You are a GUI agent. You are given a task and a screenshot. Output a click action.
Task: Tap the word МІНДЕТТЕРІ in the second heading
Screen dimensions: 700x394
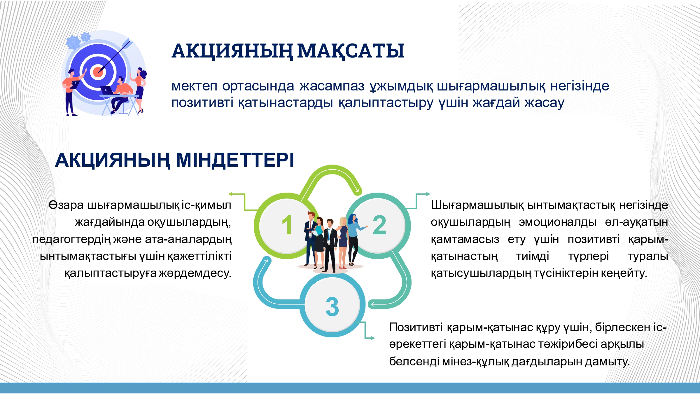pos(235,160)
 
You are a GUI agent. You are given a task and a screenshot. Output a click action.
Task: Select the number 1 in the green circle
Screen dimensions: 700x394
pos(287,225)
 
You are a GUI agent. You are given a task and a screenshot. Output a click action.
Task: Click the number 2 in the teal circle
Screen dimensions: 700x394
pos(379,225)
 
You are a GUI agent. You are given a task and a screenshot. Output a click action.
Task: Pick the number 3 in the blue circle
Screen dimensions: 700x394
pos(332,307)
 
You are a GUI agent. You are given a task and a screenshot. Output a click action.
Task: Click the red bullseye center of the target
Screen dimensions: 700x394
pos(98,72)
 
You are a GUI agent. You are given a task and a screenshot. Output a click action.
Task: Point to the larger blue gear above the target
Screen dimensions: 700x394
pos(73,43)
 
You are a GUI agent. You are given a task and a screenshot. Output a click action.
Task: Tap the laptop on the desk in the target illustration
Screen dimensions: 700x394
pos(107,90)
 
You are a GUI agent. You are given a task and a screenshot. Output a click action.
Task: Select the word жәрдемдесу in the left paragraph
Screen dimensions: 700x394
pos(195,273)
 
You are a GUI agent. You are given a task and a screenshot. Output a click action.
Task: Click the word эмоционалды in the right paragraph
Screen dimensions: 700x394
pos(557,222)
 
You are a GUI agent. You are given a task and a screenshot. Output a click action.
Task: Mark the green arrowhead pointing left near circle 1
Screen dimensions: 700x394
pos(230,194)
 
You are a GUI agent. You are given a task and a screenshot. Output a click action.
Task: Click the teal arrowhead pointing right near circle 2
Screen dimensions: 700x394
pos(428,194)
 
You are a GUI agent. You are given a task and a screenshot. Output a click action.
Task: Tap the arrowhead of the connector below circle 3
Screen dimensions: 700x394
pos(372,338)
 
